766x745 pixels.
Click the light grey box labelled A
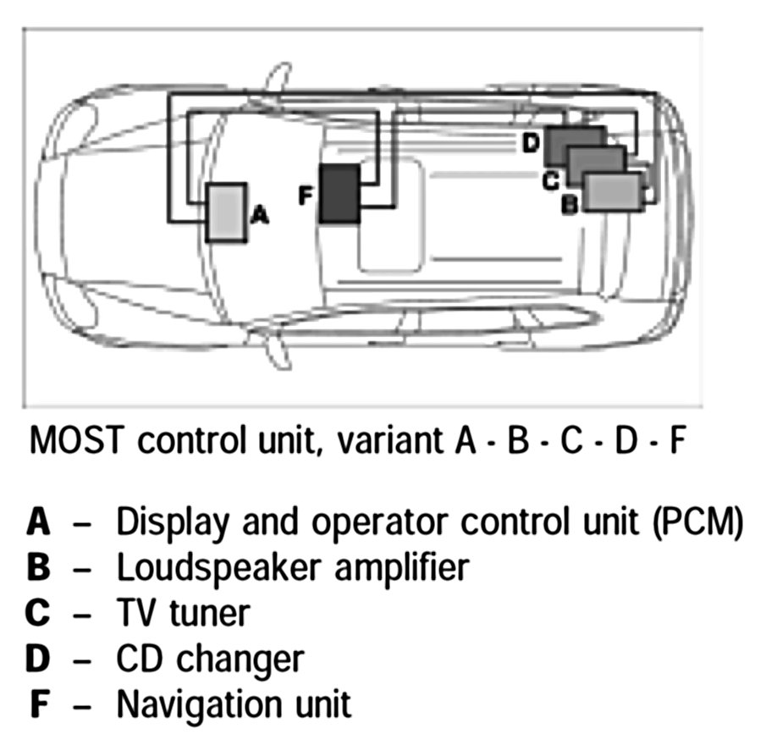click(x=224, y=213)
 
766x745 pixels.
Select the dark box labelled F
click(x=339, y=194)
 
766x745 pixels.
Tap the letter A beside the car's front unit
click(x=261, y=216)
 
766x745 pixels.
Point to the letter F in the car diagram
click(x=306, y=196)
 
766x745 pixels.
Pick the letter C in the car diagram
click(x=549, y=179)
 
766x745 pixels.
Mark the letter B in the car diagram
click(x=570, y=204)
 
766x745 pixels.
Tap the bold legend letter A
click(x=39, y=523)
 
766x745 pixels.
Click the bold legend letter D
click(x=39, y=658)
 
